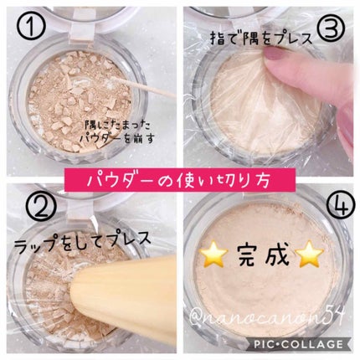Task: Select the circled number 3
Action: tap(332, 28)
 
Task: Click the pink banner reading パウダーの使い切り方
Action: tap(180, 180)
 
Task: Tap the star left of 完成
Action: tap(213, 255)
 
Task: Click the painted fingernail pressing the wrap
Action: tap(275, 53)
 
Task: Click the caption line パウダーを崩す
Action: tap(116, 138)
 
